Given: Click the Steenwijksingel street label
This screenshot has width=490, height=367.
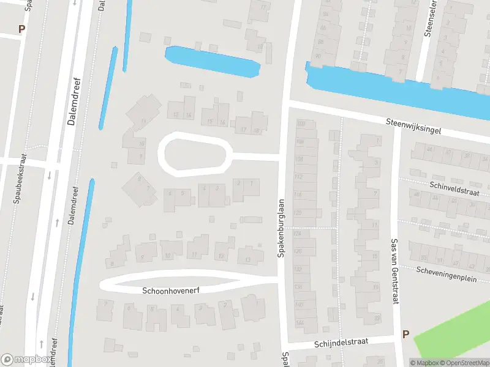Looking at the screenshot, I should pos(413,127).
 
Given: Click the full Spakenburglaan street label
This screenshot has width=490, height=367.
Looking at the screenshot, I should pos(282,228).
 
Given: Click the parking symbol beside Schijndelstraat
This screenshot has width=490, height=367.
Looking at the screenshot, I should pos(405,335).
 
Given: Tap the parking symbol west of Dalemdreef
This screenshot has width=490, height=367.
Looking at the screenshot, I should pos(22,29).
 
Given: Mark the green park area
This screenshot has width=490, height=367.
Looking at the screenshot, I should pos(456,333).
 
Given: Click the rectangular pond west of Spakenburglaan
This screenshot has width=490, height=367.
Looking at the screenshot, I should pos(211,62).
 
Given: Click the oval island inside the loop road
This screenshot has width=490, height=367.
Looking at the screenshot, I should pos(195,154).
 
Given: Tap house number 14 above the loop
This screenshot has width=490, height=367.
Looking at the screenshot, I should pos(189,115).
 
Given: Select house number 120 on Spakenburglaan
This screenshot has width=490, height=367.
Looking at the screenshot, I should pos(299,213).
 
